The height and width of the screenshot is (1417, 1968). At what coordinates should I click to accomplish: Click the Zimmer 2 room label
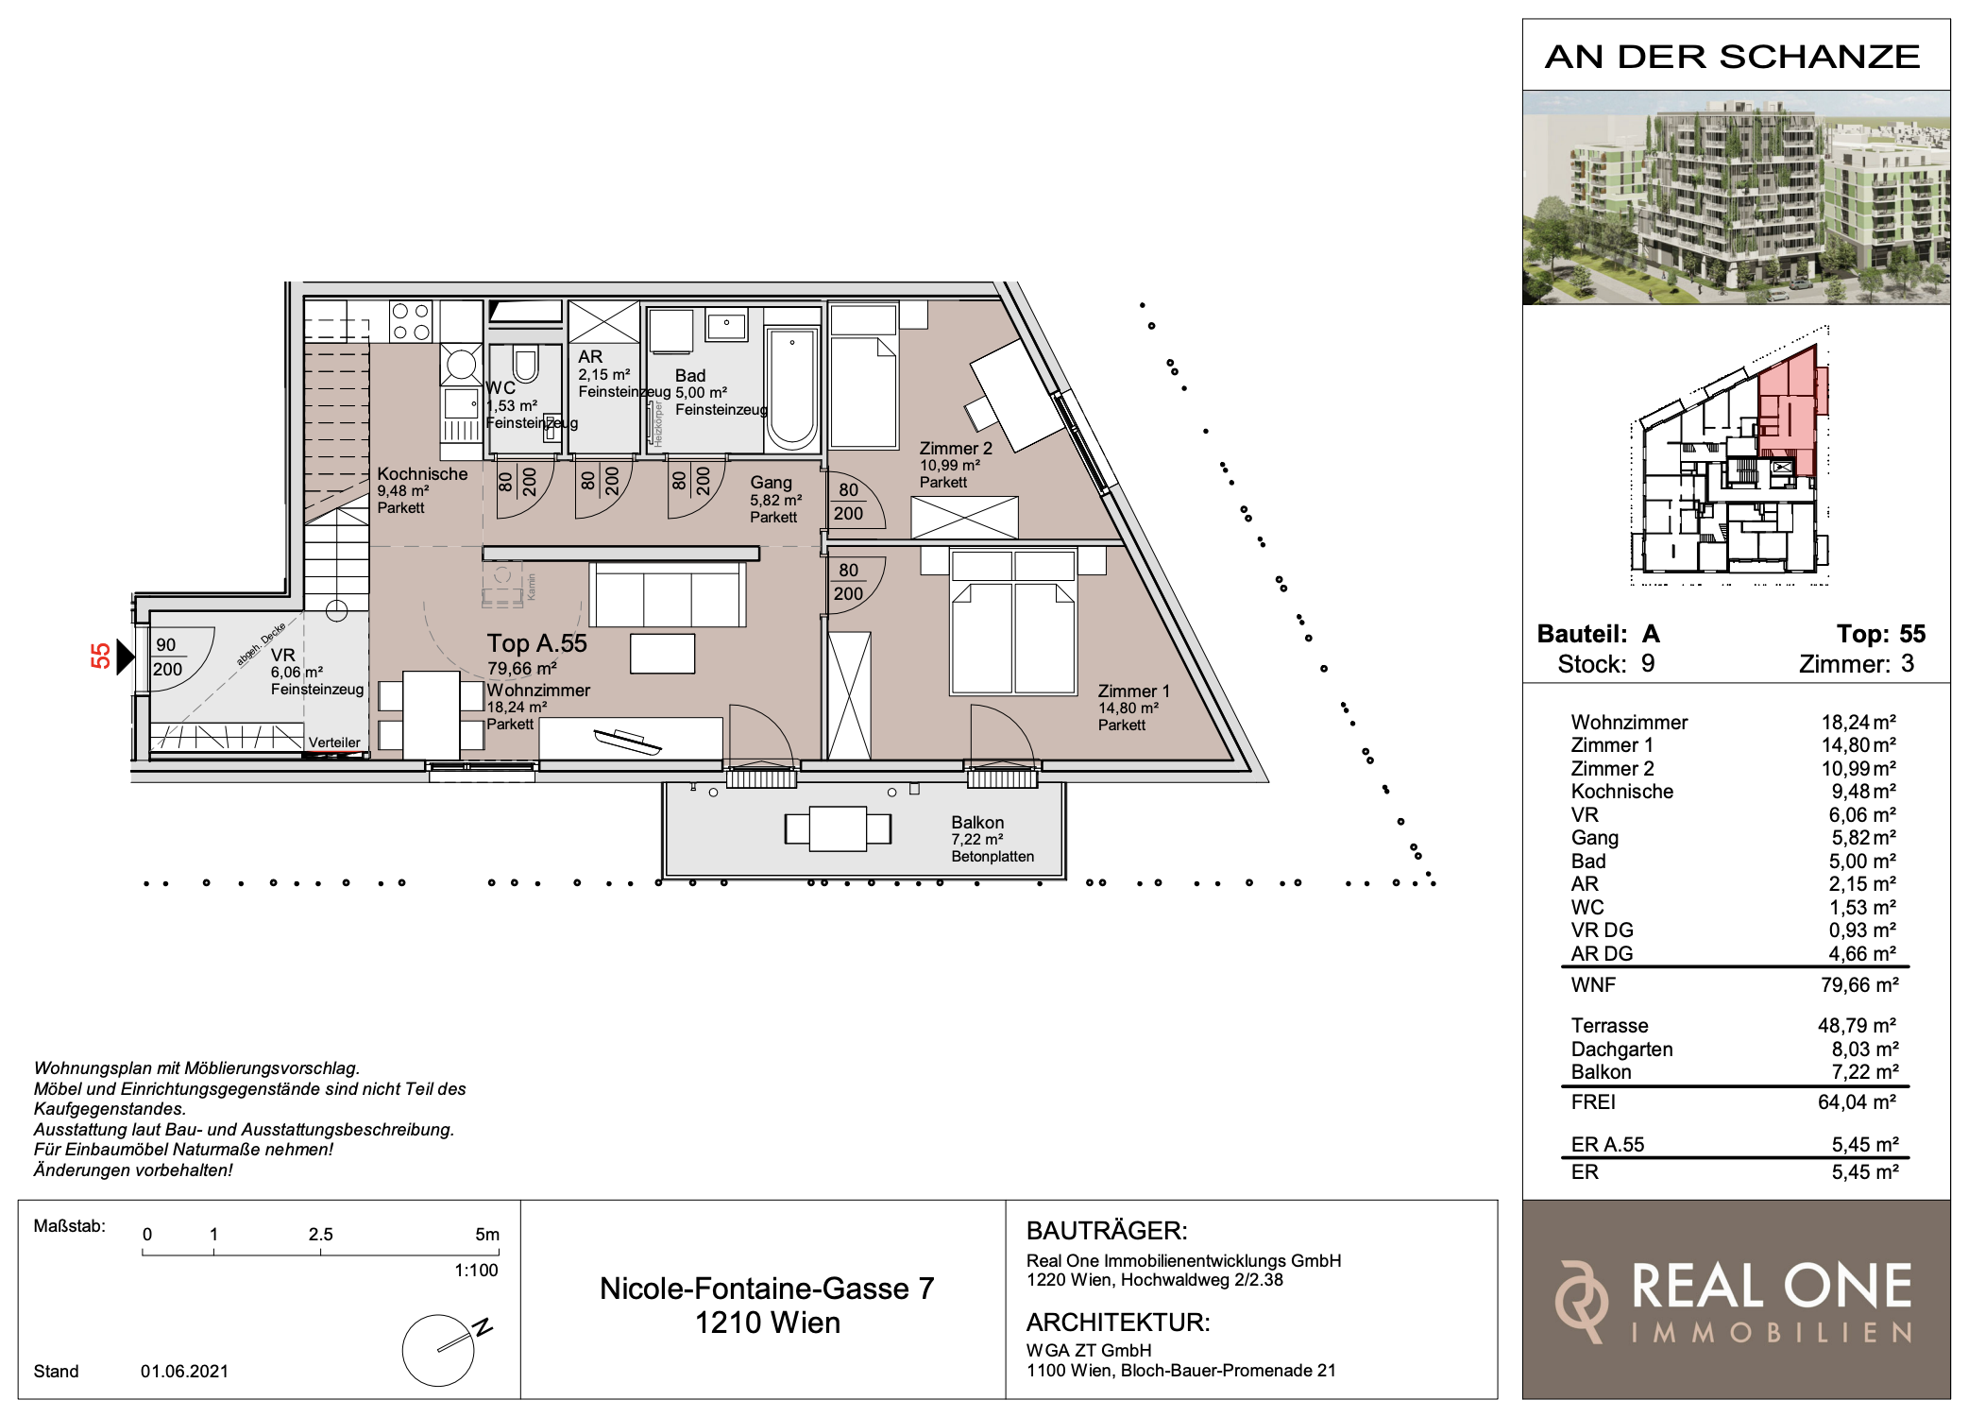(x=956, y=449)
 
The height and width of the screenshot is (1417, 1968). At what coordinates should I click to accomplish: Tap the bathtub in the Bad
(x=791, y=389)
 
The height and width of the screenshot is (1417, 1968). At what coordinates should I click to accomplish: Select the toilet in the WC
(x=525, y=364)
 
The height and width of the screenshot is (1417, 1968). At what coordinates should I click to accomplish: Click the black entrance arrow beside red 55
(x=126, y=656)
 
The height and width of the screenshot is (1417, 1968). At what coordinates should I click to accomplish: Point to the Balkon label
(x=977, y=823)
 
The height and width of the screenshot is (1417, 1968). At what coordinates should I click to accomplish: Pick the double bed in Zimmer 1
(x=1013, y=623)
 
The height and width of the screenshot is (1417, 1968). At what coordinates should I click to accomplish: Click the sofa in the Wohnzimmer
(x=668, y=594)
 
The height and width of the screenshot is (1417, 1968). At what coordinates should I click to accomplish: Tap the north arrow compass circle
(x=438, y=1350)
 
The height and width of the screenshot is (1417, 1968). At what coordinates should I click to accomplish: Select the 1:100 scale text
(x=476, y=1271)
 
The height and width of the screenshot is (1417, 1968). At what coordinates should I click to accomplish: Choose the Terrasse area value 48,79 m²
(x=1858, y=1026)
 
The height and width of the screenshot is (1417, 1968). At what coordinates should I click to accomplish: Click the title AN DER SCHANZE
(x=1732, y=57)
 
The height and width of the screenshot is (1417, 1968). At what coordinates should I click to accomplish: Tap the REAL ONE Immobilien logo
(x=1736, y=1300)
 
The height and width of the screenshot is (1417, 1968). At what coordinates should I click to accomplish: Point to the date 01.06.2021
(x=184, y=1372)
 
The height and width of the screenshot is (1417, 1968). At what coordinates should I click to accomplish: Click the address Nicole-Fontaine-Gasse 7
(x=767, y=1289)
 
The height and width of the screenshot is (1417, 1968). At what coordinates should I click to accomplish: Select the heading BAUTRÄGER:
(x=1107, y=1231)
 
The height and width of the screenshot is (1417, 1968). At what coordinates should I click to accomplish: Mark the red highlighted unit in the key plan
(x=1789, y=412)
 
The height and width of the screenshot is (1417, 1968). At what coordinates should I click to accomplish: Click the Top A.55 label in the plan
(x=536, y=643)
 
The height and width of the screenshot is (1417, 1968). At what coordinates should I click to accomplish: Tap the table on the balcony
(x=838, y=828)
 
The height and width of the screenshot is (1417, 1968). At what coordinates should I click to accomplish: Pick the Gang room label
(x=771, y=483)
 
